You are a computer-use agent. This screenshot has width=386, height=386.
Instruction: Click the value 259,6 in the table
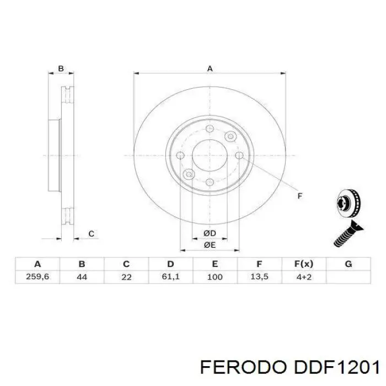[x=37, y=277]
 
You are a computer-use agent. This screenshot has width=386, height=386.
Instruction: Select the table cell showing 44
[x=82, y=277]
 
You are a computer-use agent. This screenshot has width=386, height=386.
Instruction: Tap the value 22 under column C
[x=126, y=277]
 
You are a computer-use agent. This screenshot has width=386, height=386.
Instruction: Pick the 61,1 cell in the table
[x=170, y=277]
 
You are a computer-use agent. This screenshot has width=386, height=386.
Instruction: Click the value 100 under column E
[x=215, y=277]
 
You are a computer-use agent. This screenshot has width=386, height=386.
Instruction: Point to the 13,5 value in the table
[x=259, y=277]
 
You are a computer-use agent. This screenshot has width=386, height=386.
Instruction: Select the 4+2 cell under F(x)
[x=304, y=277]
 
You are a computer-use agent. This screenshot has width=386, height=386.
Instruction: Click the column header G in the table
[x=348, y=264]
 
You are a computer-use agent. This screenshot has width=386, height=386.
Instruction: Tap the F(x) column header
[x=304, y=264]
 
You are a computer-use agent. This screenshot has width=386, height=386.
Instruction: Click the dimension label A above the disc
[x=210, y=69]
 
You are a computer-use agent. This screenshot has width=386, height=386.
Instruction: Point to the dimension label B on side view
[x=61, y=69]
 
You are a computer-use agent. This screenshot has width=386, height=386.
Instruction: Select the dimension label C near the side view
[x=92, y=234]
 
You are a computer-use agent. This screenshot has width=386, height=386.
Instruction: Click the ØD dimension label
[x=210, y=234]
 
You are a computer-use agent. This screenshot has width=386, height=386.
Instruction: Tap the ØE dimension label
[x=210, y=244]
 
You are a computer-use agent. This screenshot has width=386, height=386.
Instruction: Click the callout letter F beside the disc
[x=300, y=195]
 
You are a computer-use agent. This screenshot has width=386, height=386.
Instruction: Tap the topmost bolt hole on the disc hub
[x=210, y=129]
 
